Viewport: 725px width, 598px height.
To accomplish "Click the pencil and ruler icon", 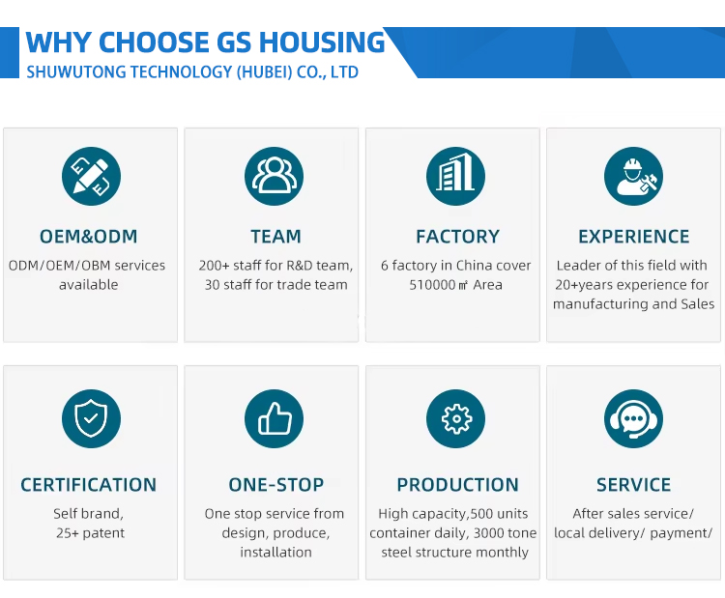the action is coord(91,177).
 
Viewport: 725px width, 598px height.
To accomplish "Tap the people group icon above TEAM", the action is coord(274,177).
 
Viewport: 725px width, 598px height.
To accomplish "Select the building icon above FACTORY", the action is coord(455,177).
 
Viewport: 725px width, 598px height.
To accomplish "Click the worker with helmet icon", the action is coord(633,177).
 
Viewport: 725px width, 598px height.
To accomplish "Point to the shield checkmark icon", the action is coord(91,418).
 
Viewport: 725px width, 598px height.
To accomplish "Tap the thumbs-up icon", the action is coord(274,418).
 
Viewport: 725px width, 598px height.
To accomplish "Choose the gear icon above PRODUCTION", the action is coord(455,418).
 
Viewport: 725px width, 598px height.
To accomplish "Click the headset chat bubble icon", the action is coord(633,418).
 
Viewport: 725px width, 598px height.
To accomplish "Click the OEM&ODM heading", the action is coord(88,237).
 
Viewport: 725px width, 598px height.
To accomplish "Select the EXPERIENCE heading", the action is coord(633,237).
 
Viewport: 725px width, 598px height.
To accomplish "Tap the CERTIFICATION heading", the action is coord(88,485).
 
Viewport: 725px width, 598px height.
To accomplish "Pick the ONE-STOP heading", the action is coord(276,485).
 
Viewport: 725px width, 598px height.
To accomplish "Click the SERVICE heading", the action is coord(633,485).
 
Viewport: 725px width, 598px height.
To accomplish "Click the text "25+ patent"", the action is coord(90,533).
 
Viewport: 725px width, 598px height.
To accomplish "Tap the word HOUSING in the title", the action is coord(322,43).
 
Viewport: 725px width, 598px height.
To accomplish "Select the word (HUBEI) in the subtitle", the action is coord(264,72).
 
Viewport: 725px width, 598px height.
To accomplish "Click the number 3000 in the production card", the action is coord(487,533).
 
